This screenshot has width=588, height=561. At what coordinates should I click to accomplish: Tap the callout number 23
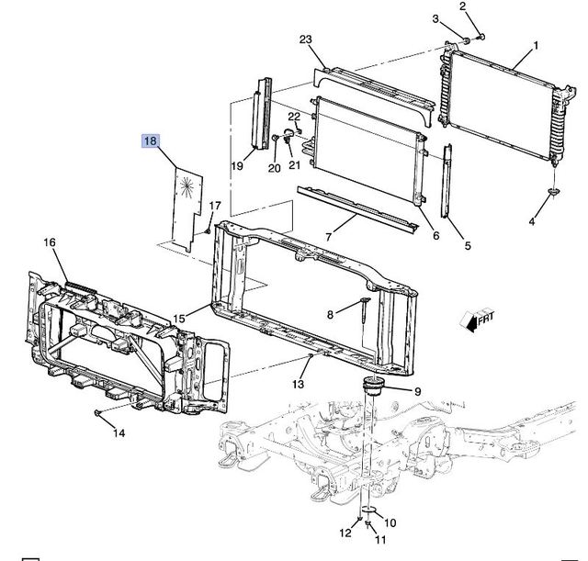[306, 39]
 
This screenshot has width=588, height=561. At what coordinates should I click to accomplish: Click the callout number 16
[49, 242]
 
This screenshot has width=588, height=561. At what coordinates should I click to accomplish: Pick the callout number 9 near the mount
[417, 390]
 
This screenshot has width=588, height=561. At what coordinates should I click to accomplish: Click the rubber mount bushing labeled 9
[376, 387]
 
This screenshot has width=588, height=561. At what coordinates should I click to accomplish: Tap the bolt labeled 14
[97, 414]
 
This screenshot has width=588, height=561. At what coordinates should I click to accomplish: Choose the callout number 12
[345, 533]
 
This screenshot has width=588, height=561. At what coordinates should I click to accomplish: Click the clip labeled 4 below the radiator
[555, 192]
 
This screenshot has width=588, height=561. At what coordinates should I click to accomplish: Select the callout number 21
[295, 165]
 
